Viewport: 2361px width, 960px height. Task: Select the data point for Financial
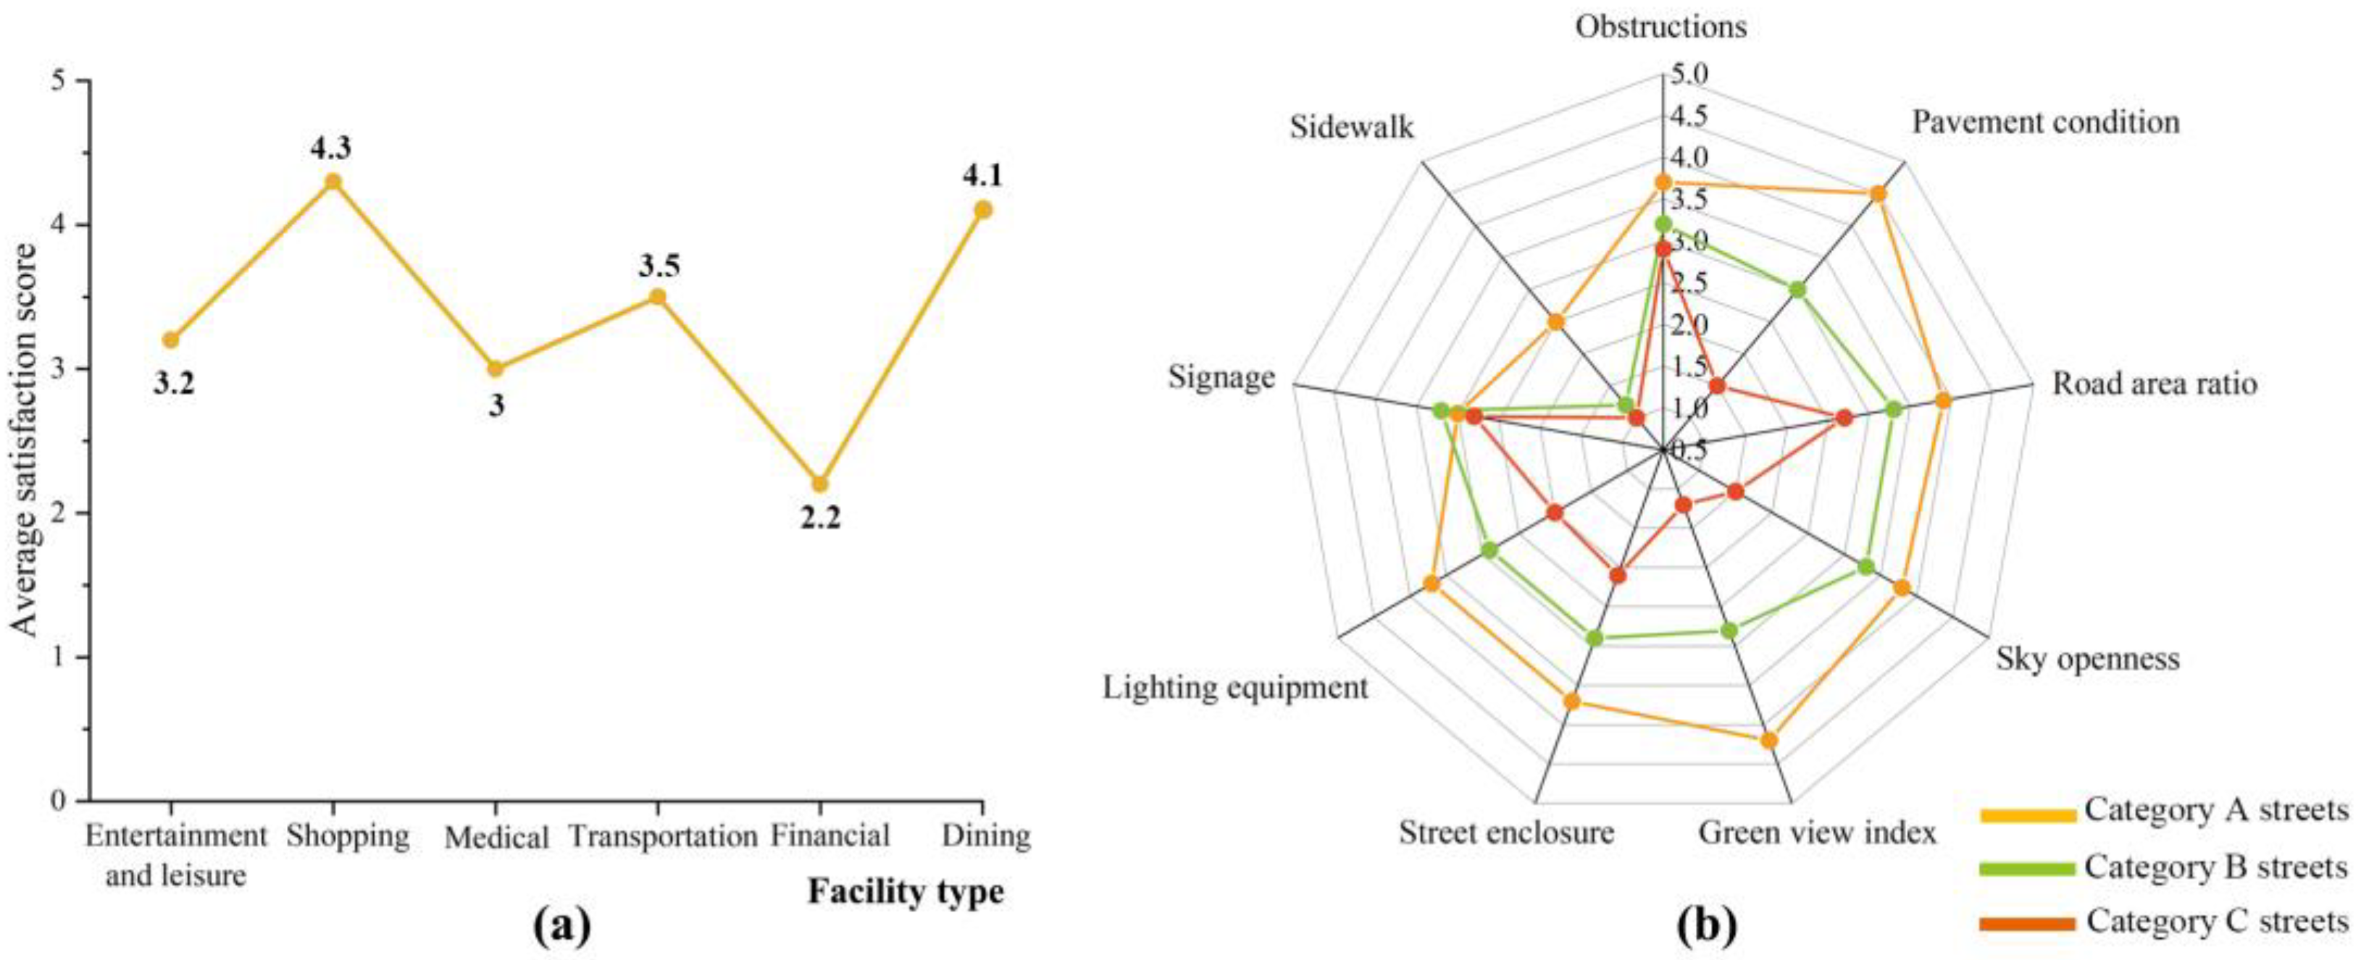(819, 484)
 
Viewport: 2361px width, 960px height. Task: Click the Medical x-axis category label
(496, 837)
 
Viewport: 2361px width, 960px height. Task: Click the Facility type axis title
(906, 891)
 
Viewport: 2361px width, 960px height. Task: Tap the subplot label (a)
(562, 927)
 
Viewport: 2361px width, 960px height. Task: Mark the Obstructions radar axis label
(1660, 28)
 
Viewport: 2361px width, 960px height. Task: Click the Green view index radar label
(1817, 833)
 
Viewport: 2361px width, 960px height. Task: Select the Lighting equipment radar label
(1234, 687)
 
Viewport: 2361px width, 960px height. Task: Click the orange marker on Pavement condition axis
(1878, 194)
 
